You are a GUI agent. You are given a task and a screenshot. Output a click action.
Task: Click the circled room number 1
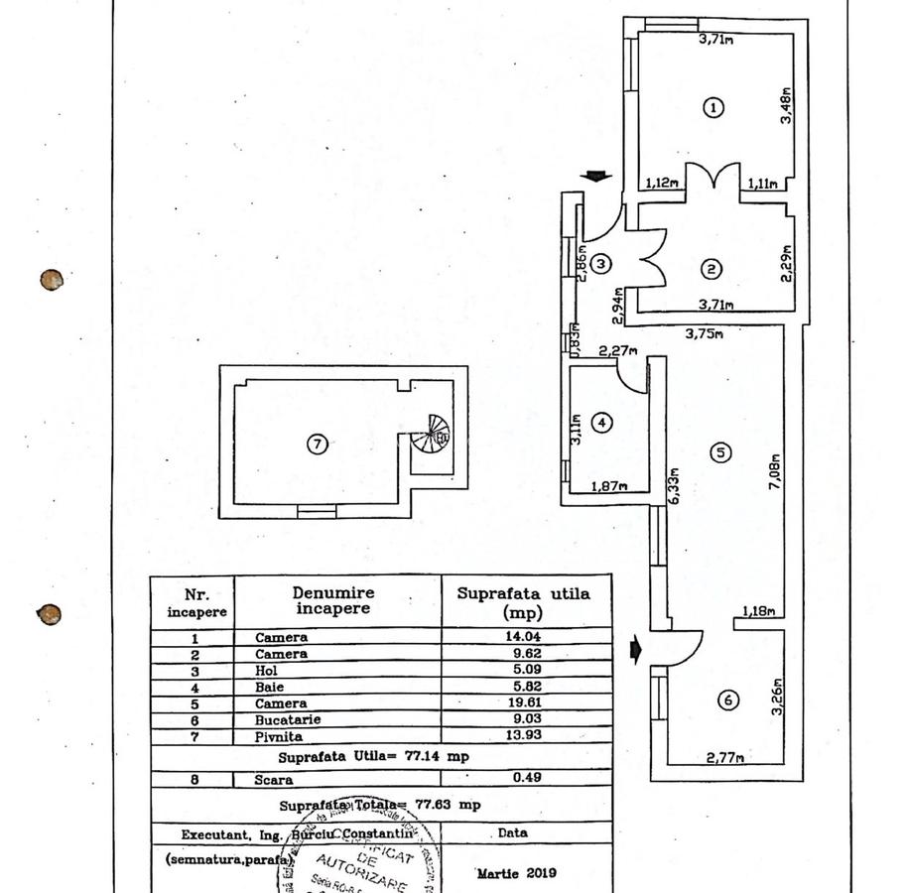click(712, 107)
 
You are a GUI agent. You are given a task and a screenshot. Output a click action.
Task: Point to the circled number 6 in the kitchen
click(728, 701)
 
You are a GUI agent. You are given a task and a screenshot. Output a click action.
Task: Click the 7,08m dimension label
click(775, 475)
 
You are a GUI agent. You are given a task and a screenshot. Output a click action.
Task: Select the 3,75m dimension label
click(704, 334)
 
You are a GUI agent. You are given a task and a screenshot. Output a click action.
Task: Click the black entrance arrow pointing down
click(595, 178)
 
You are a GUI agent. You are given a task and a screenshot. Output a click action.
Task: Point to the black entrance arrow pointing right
click(636, 651)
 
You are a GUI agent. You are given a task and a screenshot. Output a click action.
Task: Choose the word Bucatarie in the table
click(281, 718)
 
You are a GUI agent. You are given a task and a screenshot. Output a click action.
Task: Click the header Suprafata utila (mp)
click(523, 601)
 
